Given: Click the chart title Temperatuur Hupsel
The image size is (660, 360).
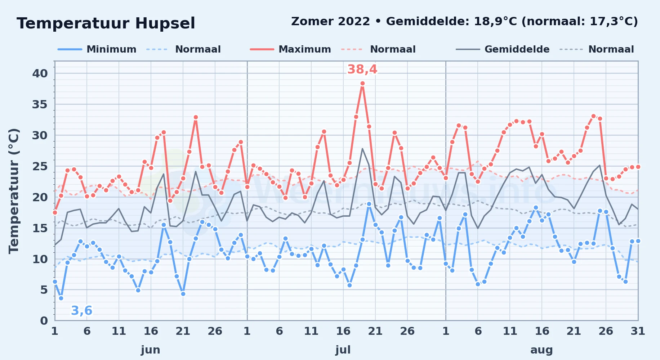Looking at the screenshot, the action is [x=106, y=23].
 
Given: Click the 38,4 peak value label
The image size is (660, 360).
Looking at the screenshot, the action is [x=362, y=69].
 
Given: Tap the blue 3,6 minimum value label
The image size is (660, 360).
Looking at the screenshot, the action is [x=81, y=310].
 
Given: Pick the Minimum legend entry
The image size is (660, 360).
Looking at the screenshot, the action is [x=97, y=49].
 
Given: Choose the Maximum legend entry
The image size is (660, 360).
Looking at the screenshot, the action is [x=290, y=49].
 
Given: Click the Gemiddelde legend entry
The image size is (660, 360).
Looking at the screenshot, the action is [x=503, y=49].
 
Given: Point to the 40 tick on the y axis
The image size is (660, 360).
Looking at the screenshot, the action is [x=40, y=73].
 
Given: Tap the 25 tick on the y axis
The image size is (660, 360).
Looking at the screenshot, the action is [x=40, y=166].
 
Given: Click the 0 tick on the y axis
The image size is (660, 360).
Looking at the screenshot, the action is [x=44, y=321].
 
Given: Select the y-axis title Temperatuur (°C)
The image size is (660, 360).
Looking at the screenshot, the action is [x=14, y=191].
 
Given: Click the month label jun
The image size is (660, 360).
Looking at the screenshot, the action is [x=151, y=350].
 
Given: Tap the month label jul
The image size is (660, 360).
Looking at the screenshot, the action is [x=343, y=350].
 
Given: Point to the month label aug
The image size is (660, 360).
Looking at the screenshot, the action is [x=541, y=350].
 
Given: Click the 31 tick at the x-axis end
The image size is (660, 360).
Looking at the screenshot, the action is [x=638, y=331].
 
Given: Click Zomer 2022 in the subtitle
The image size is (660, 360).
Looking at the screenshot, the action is [x=330, y=22].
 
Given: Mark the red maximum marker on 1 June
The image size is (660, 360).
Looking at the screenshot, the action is [x=55, y=212].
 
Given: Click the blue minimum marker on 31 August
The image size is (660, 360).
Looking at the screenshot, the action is [x=638, y=241].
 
